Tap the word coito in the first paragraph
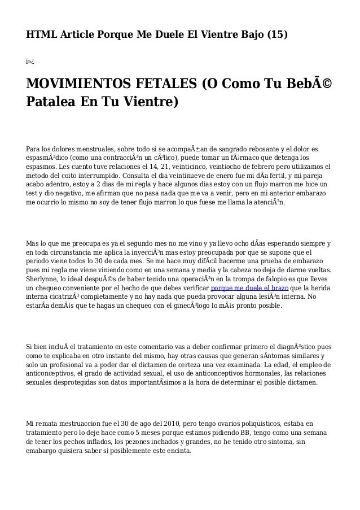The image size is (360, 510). (79, 177)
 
